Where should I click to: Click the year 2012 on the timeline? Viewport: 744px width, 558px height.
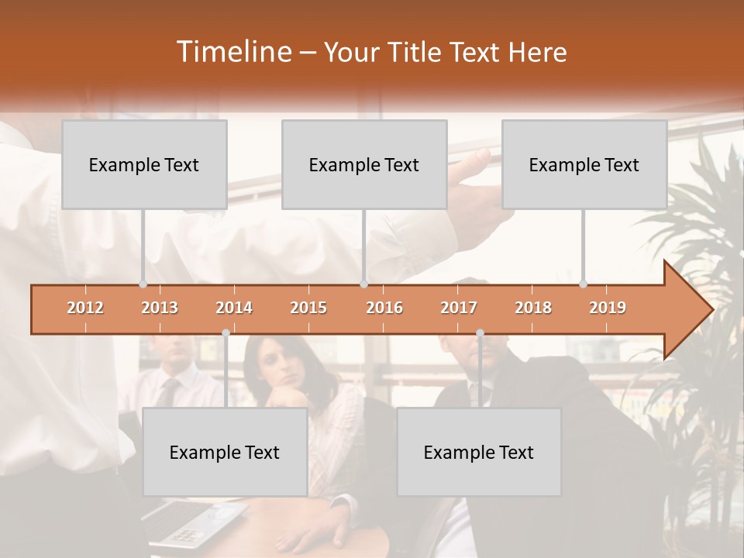(x=85, y=308)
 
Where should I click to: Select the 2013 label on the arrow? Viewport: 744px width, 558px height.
(x=160, y=308)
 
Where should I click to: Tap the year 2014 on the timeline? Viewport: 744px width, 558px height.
(x=234, y=308)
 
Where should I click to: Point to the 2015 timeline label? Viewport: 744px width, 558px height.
(x=308, y=308)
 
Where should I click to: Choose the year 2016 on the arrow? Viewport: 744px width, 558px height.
(x=384, y=308)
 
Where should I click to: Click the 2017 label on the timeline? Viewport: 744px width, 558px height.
(x=459, y=308)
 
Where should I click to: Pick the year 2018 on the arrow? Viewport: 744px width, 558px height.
(x=533, y=308)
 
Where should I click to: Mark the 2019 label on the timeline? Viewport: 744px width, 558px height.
(x=608, y=308)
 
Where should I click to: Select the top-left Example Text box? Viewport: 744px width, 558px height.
(x=144, y=164)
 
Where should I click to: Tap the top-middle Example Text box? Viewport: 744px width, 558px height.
(x=364, y=164)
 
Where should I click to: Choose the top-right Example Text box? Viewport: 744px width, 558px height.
(x=584, y=164)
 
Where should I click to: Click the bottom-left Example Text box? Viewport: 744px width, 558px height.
(x=225, y=452)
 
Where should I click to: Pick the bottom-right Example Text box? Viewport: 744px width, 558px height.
(x=479, y=452)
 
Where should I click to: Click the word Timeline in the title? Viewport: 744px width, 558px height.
(x=232, y=52)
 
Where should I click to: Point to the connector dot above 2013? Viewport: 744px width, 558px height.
(x=143, y=284)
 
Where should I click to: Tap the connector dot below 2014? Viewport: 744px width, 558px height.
(x=226, y=332)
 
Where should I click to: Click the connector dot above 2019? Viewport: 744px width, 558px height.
(x=583, y=284)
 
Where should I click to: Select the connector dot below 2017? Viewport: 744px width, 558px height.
(x=480, y=332)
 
